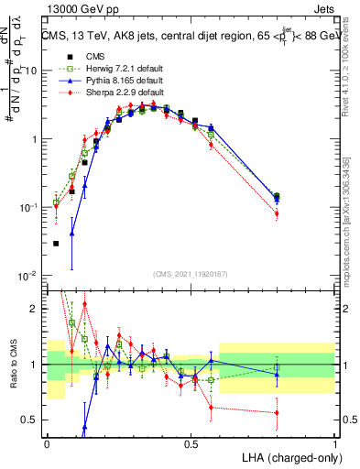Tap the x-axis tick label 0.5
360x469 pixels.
(191, 443)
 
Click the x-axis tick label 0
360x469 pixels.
(47, 443)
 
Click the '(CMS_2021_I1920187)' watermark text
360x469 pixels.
(191, 273)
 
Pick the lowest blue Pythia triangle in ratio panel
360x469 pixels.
(85, 427)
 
